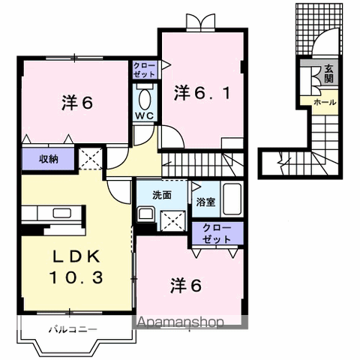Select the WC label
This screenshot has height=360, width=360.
coord(144,116)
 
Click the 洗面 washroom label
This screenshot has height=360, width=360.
coord(162,194)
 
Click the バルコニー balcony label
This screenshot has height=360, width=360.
coord(73,328)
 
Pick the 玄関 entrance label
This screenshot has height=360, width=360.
coord(328,75)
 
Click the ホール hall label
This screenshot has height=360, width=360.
coord(324,101)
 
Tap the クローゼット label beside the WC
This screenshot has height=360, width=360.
coord(144,71)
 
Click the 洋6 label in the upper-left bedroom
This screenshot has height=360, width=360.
coord(76,103)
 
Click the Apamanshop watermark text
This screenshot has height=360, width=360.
coord(180,323)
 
